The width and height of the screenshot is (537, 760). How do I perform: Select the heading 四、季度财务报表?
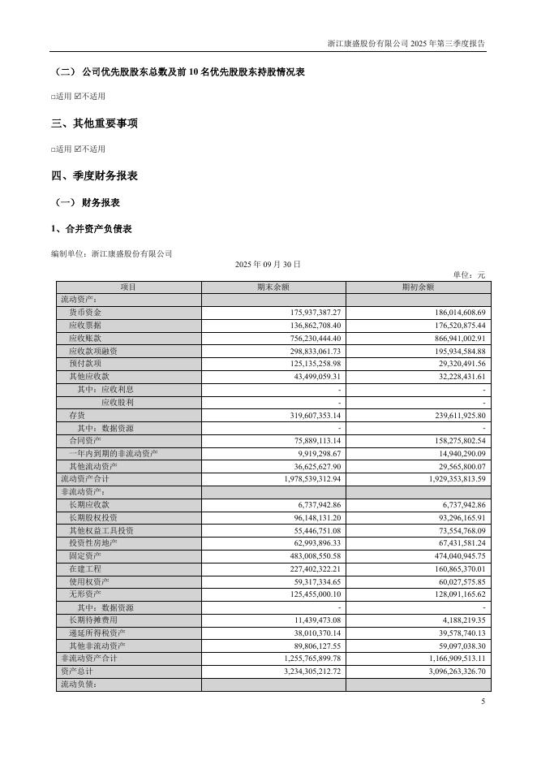[x=94, y=175]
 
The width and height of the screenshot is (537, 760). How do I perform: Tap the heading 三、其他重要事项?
[x=94, y=123]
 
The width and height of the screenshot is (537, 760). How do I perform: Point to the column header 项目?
[x=128, y=287]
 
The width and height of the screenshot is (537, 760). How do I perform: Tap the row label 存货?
[x=77, y=415]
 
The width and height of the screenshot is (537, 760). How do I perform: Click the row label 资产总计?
[x=77, y=671]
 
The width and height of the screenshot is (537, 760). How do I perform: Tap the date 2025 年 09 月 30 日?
[x=268, y=264]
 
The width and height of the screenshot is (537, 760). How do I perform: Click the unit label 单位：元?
[x=469, y=275]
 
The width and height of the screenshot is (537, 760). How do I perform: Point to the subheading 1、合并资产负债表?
[x=92, y=229]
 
